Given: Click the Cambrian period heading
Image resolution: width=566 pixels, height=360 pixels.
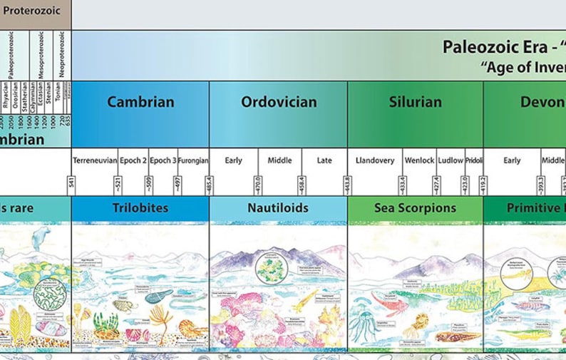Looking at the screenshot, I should (x=140, y=102).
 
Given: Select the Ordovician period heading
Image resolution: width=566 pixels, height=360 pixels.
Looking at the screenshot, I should (x=279, y=102).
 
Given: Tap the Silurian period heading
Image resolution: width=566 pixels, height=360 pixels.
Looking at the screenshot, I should (x=416, y=102).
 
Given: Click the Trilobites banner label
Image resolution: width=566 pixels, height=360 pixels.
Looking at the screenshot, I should (x=140, y=208).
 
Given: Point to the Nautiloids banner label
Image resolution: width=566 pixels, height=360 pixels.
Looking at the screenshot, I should (x=279, y=208).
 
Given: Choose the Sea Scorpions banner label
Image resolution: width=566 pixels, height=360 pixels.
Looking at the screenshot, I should (x=415, y=208).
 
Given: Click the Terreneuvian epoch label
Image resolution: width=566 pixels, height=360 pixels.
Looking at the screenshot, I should (x=95, y=160).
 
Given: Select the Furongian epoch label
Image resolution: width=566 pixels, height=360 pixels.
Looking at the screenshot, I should (x=193, y=160).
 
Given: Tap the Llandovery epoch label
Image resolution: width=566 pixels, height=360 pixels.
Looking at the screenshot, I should (x=374, y=160).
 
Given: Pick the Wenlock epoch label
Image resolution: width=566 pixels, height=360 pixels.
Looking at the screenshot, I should (x=418, y=160).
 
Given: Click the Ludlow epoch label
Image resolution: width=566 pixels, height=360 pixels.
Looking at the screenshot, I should (x=451, y=160).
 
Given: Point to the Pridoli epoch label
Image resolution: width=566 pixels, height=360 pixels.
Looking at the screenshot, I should (x=474, y=160).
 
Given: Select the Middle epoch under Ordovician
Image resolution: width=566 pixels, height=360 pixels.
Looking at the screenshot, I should (x=279, y=160).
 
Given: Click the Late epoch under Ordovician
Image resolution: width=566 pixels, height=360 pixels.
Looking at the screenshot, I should (x=324, y=160).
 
